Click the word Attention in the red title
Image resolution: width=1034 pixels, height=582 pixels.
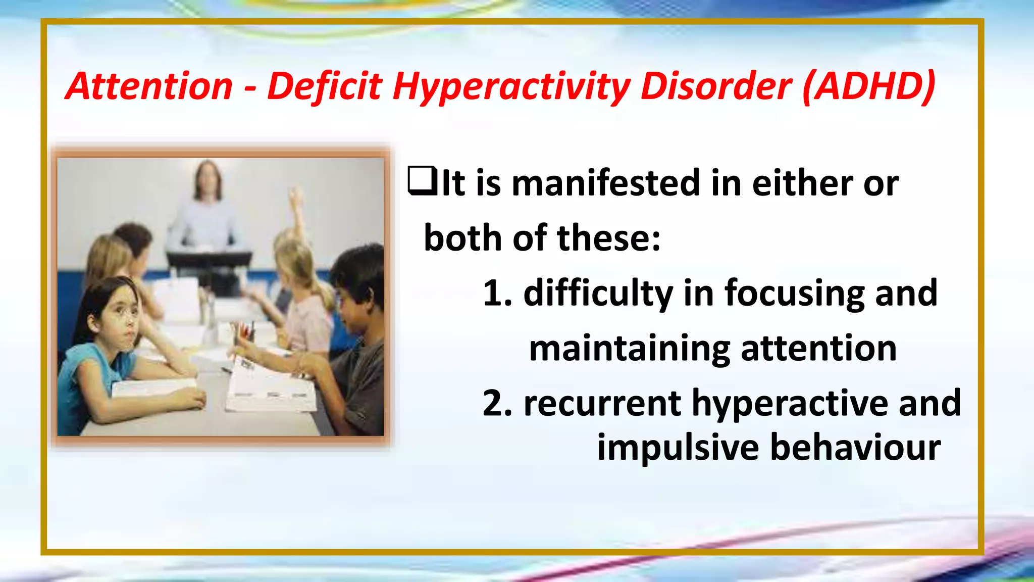click(x=149, y=86)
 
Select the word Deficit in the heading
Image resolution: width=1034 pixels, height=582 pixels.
click(x=324, y=86)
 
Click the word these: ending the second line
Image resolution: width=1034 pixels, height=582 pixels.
click(x=608, y=238)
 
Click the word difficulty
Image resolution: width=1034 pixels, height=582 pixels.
click(x=598, y=294)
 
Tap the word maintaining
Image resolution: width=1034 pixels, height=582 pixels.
click(x=630, y=349)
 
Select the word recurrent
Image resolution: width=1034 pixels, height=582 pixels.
click(x=602, y=403)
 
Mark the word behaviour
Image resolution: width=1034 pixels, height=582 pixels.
click(x=856, y=448)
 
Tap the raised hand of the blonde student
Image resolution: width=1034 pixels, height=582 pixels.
click(x=295, y=197)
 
